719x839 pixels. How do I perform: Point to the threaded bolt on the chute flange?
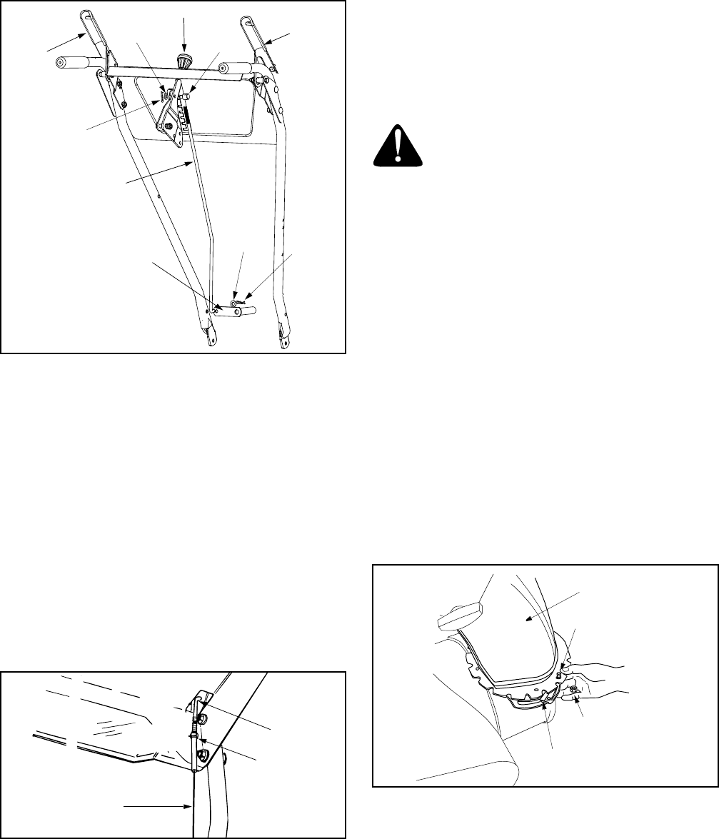click(x=560, y=668)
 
